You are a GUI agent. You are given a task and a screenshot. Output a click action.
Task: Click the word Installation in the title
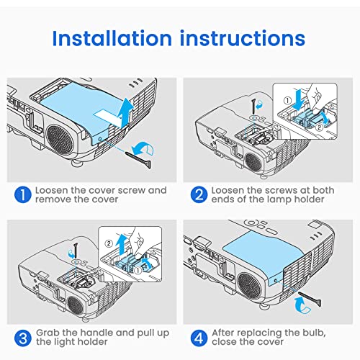[112, 38]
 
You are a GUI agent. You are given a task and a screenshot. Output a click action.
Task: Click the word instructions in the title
[243, 38]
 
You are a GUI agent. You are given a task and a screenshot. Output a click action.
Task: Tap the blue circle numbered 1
[23, 194]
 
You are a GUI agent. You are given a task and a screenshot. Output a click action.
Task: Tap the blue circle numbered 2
[199, 194]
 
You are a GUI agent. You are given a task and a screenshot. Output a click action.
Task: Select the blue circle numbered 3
[23, 338]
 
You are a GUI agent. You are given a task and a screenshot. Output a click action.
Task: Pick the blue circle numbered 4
[199, 338]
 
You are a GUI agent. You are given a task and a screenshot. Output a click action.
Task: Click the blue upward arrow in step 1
[125, 112]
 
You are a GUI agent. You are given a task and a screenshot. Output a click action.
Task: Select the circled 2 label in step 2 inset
[319, 127]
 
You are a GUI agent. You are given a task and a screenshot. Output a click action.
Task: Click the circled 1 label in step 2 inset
[287, 101]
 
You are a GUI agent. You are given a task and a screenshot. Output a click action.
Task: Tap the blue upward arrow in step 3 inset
[122, 244]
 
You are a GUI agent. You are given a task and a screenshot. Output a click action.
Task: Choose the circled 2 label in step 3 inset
[109, 244]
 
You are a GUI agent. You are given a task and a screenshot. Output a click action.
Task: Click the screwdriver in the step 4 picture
[310, 299]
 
